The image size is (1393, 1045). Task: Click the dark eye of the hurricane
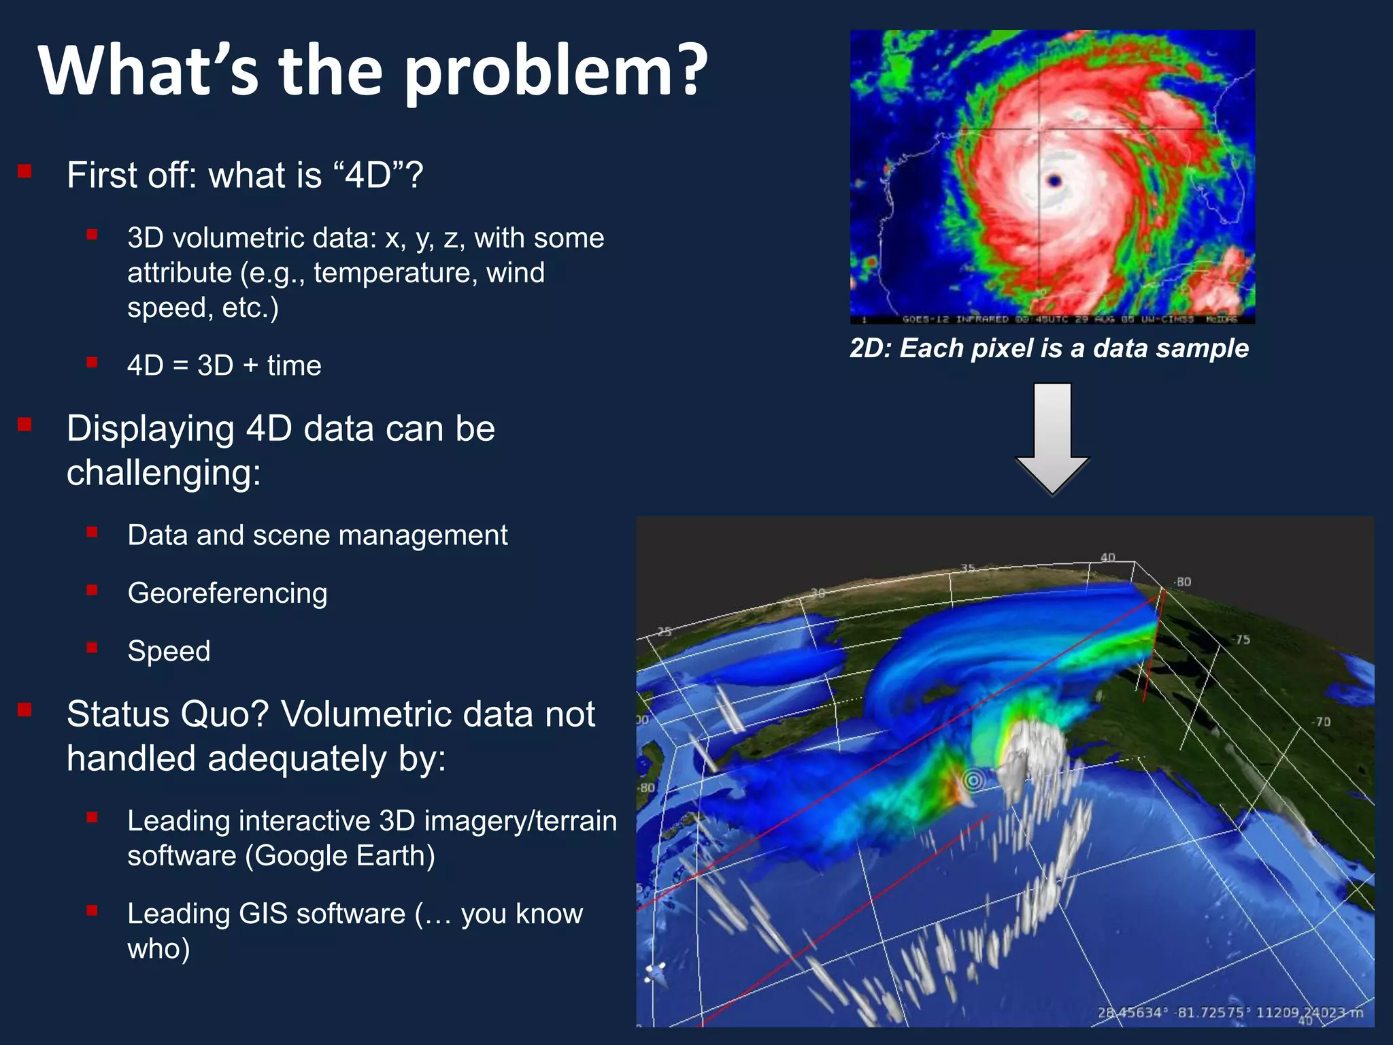(1055, 180)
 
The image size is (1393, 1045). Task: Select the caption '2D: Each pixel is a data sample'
(1049, 348)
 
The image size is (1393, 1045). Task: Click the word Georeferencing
(227, 593)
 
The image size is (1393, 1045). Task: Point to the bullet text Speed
(169, 651)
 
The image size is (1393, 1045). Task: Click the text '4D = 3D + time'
(224, 365)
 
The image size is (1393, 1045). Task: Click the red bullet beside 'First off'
(25, 171)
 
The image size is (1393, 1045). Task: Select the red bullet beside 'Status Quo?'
(25, 710)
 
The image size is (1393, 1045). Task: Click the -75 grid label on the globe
(1242, 640)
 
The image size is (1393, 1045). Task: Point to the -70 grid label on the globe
(1322, 722)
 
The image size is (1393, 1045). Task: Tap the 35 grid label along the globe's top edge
(967, 568)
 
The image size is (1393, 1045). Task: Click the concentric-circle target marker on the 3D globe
(973, 780)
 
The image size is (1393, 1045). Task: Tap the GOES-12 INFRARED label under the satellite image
(955, 319)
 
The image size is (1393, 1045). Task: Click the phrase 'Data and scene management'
(317, 535)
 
